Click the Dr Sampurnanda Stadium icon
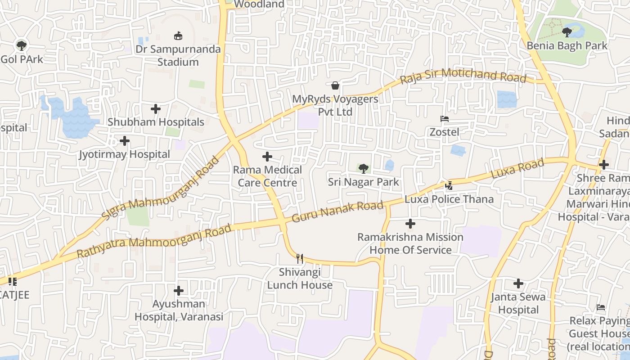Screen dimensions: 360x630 click(x=179, y=36)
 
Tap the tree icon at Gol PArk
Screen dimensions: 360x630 click(x=21, y=45)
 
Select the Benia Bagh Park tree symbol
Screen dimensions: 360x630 click(x=567, y=32)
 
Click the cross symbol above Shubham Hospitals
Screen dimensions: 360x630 click(x=156, y=109)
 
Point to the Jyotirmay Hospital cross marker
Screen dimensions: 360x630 click(x=125, y=141)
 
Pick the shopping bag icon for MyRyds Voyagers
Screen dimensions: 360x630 click(x=335, y=85)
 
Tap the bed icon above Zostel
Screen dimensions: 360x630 click(x=445, y=119)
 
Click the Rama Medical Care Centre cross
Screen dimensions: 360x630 click(x=267, y=157)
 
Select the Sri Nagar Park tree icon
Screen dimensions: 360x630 click(x=363, y=169)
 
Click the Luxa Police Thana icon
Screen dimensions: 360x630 click(x=449, y=185)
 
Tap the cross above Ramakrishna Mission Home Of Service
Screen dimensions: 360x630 click(x=410, y=224)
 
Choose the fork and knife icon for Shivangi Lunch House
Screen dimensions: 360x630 click(x=300, y=259)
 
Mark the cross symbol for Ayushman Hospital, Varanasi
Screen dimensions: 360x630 click(x=179, y=291)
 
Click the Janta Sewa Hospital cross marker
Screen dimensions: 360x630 click(x=518, y=283)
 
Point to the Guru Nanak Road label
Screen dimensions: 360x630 click(x=338, y=211)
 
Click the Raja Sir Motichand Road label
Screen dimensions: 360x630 click(x=463, y=75)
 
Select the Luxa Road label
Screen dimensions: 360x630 click(x=517, y=169)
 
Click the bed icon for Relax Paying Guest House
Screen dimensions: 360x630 click(x=601, y=308)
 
